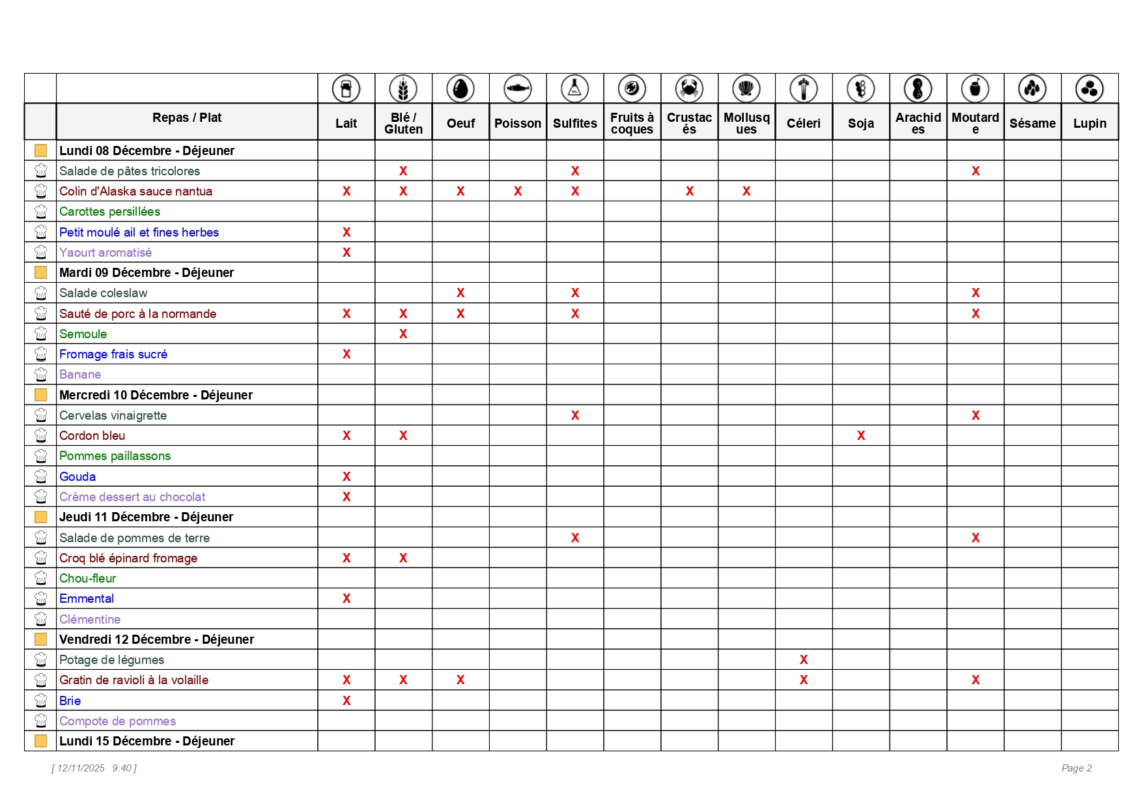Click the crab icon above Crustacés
689,89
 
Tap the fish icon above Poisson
518,89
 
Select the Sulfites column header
575,123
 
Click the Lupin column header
1090,123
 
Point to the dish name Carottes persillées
109,212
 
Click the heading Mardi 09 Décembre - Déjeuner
147,272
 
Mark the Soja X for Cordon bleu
861,436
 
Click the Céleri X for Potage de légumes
804,660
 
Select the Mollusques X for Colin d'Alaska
746,192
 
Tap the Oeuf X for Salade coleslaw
460,293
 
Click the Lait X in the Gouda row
346,477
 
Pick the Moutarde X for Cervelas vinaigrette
976,416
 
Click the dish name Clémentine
90,620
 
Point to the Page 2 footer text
1077,768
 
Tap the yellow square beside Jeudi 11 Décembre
40,517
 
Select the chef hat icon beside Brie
40,701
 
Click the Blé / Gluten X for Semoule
403,334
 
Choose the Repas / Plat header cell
187,118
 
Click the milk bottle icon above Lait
346,89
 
